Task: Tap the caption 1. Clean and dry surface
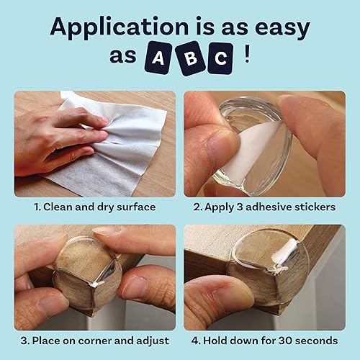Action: coord(94,207)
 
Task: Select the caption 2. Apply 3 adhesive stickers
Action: coord(264,207)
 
